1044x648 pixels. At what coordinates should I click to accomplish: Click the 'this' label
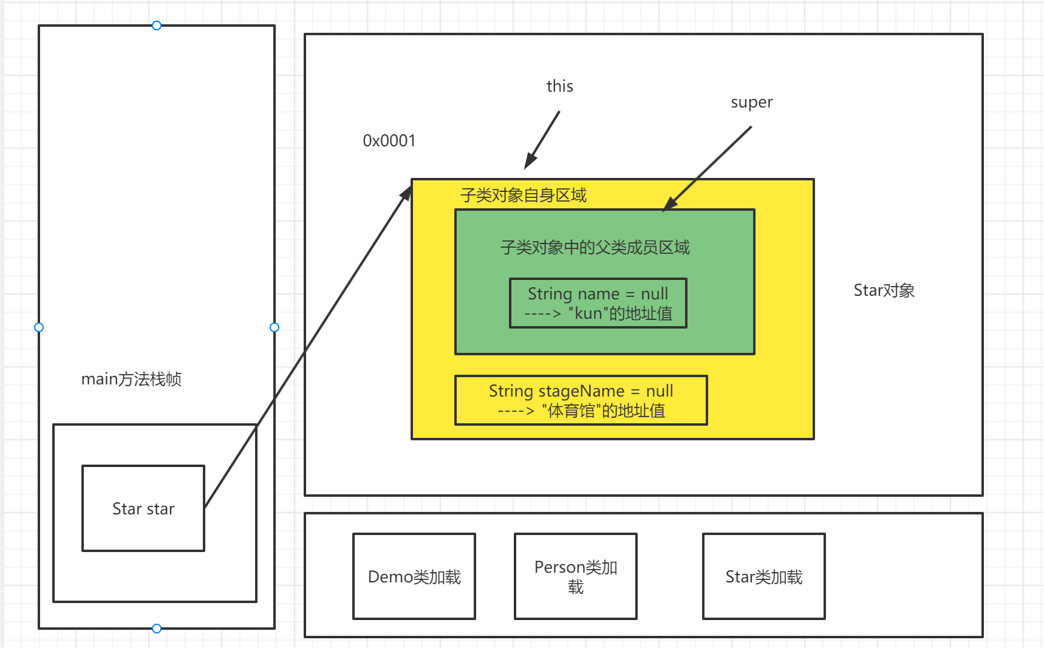coord(559,86)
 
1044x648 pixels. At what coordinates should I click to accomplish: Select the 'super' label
coord(751,102)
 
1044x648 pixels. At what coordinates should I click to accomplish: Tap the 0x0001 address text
coord(389,141)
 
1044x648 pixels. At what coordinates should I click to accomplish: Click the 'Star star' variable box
coord(143,508)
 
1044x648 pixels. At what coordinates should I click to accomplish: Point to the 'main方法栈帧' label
coord(131,379)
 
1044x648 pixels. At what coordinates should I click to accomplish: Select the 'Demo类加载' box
coord(414,576)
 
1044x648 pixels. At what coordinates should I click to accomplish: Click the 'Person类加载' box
coord(575,576)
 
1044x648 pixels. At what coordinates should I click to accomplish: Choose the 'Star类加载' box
coord(763,576)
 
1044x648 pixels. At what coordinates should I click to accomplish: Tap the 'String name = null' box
coord(598,303)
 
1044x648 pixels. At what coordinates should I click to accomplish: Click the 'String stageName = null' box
coord(581,400)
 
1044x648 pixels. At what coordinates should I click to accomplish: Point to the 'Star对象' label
coord(884,290)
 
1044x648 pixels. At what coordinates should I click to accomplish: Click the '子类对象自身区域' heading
coord(523,195)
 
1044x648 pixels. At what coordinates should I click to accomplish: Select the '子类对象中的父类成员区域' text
coord(595,247)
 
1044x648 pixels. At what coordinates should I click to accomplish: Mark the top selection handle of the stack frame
coord(157,26)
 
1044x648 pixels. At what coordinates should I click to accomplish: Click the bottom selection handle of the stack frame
coord(157,629)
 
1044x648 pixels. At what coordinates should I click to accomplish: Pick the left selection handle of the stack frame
coord(39,327)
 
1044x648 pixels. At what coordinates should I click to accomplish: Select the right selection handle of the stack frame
coord(275,327)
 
